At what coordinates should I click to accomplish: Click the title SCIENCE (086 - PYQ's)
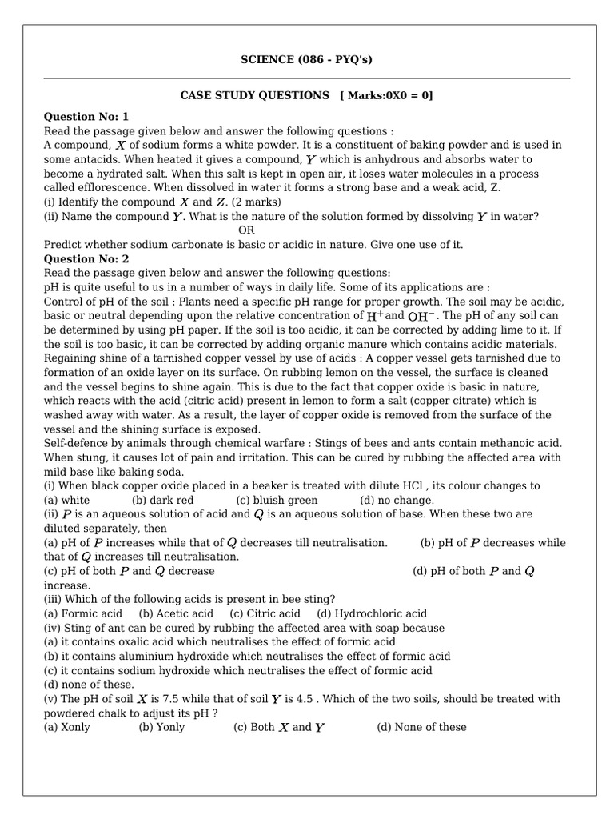(307, 59)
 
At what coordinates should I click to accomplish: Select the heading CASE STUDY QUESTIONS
(254, 96)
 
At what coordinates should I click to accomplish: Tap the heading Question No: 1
(86, 117)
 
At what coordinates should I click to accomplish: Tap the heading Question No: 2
(86, 259)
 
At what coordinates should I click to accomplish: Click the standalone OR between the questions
(246, 230)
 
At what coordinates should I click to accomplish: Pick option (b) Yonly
(161, 727)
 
